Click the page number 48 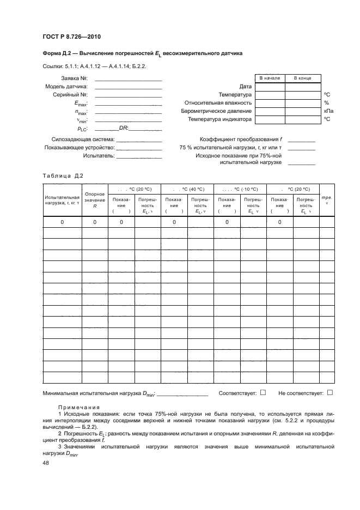click(46, 462)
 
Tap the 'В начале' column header click(270, 78)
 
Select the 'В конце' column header click(302, 78)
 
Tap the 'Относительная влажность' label click(218, 102)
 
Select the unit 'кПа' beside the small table click(328, 111)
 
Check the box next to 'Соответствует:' click(263, 392)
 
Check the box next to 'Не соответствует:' click(330, 392)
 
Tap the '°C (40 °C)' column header click(188, 188)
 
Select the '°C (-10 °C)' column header click(240, 188)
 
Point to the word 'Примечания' click(79, 407)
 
